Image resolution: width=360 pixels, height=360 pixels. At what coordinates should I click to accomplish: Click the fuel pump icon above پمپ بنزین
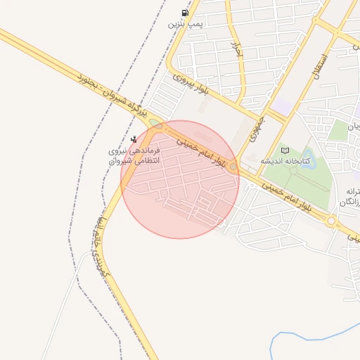185,13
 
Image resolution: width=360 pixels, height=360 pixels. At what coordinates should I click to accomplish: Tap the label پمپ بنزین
185,25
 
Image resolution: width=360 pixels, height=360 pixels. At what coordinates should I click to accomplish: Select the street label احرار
237,49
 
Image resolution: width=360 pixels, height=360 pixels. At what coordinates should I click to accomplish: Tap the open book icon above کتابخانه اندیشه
285,150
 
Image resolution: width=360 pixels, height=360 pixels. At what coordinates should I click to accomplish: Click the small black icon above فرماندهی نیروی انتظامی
134,139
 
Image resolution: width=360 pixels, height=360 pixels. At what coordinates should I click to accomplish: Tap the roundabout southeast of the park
331,221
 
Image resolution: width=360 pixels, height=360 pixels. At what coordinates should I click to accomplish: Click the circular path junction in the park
293,169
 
